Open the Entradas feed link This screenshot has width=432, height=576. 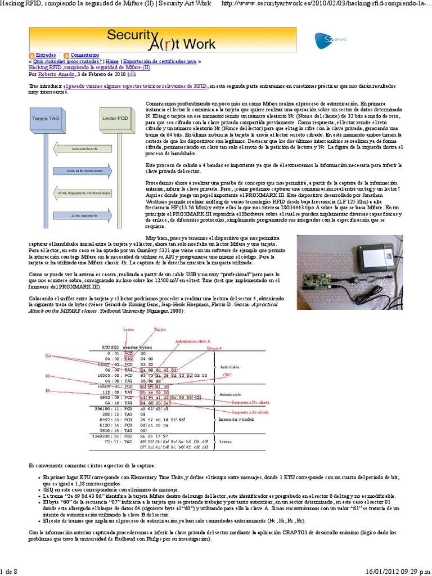(46, 55)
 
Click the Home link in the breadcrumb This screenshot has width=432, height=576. (112, 61)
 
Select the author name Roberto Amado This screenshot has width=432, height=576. (56, 74)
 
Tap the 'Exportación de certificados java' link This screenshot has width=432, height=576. (159, 61)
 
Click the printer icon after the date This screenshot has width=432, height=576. (133, 74)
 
